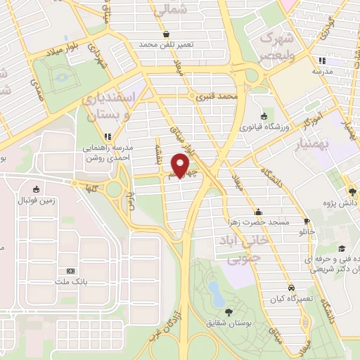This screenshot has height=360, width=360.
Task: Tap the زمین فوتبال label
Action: (35, 200)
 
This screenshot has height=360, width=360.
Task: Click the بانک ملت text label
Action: (70, 282)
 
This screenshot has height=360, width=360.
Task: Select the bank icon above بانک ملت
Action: (70, 271)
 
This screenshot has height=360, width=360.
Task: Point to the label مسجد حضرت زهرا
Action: (259, 222)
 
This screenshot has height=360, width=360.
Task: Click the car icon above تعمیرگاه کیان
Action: (290, 288)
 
